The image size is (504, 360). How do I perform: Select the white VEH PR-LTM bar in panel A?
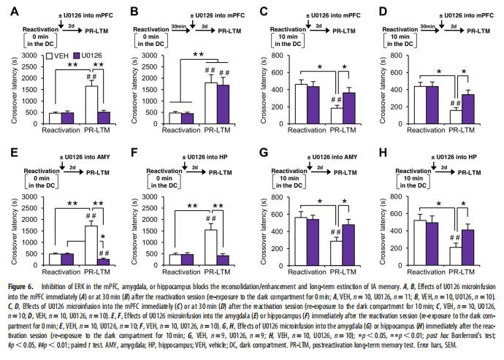91,102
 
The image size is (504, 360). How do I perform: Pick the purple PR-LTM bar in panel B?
224,102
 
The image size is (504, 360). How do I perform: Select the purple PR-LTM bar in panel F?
224,258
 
